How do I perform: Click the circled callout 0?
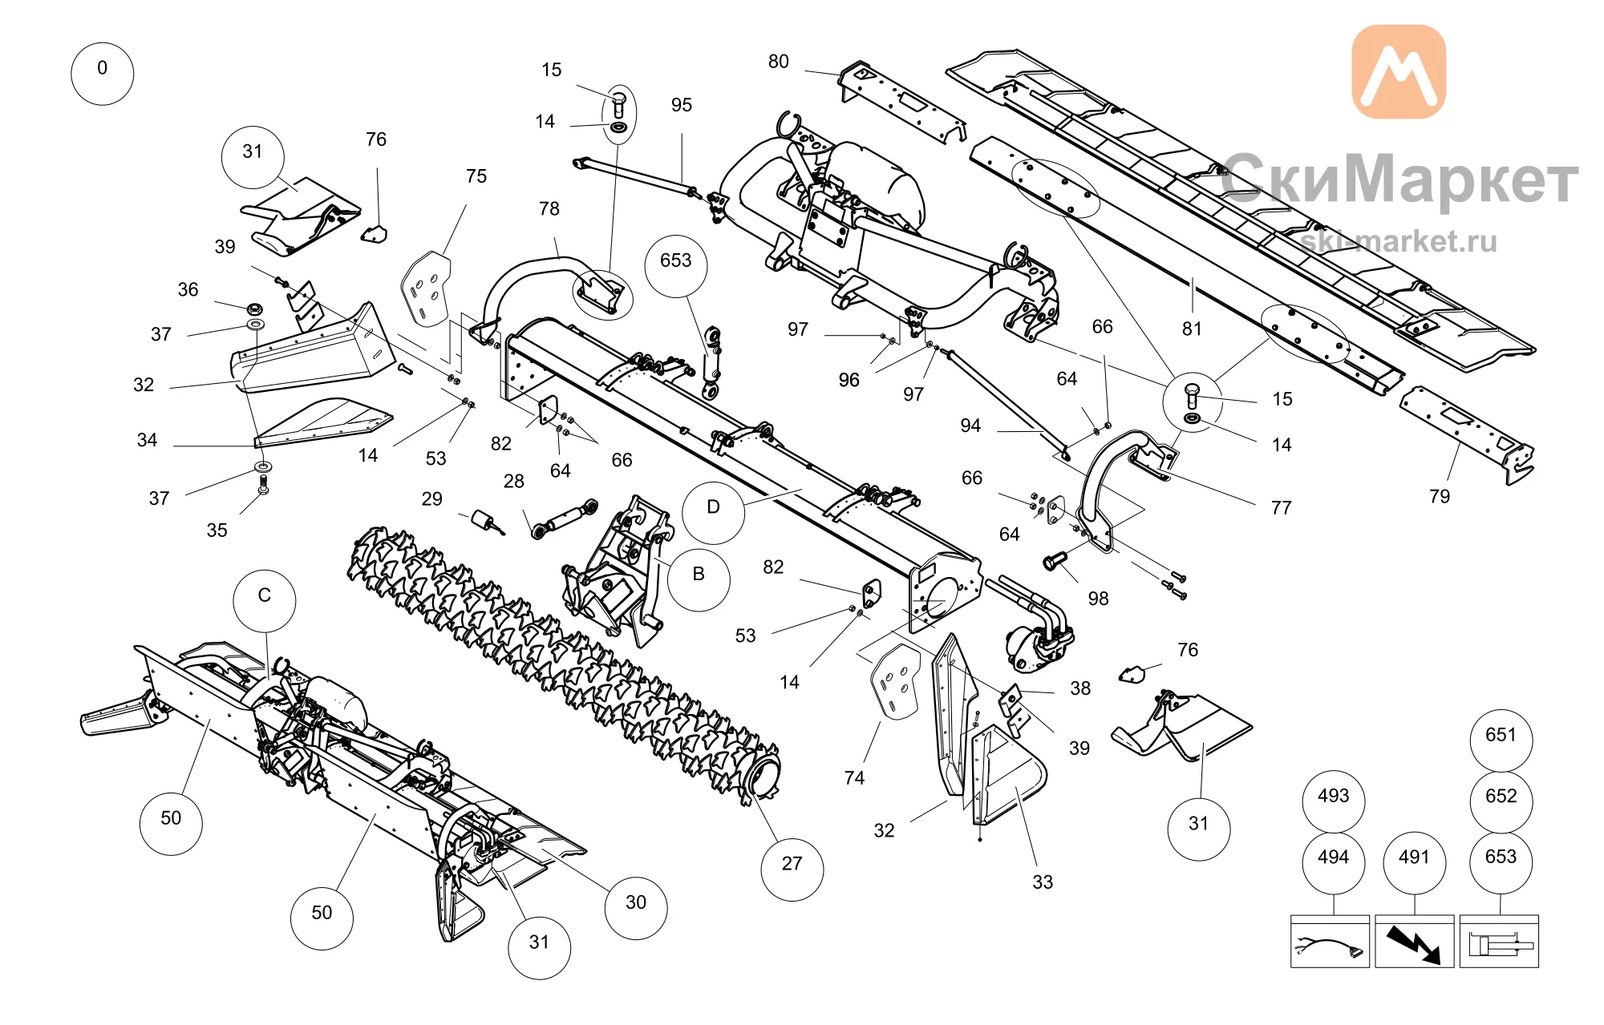(103, 74)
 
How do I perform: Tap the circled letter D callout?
(714, 514)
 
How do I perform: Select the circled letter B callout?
(699, 580)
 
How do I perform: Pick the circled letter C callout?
(265, 601)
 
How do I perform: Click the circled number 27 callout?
(792, 870)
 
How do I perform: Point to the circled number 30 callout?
(636, 908)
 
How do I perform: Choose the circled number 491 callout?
(1415, 863)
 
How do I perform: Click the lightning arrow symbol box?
(1415, 942)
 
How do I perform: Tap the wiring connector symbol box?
(1331, 942)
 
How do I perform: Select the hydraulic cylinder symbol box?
(1500, 942)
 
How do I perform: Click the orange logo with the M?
(1399, 71)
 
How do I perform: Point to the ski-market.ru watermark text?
(1399, 241)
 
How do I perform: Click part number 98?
(1099, 599)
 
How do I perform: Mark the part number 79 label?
(1440, 496)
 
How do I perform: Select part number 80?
(779, 62)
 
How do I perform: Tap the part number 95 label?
(682, 105)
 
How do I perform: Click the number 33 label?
(1043, 882)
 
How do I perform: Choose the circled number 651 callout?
(1501, 741)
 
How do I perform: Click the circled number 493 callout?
(1334, 801)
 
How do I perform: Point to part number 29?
(432, 499)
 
